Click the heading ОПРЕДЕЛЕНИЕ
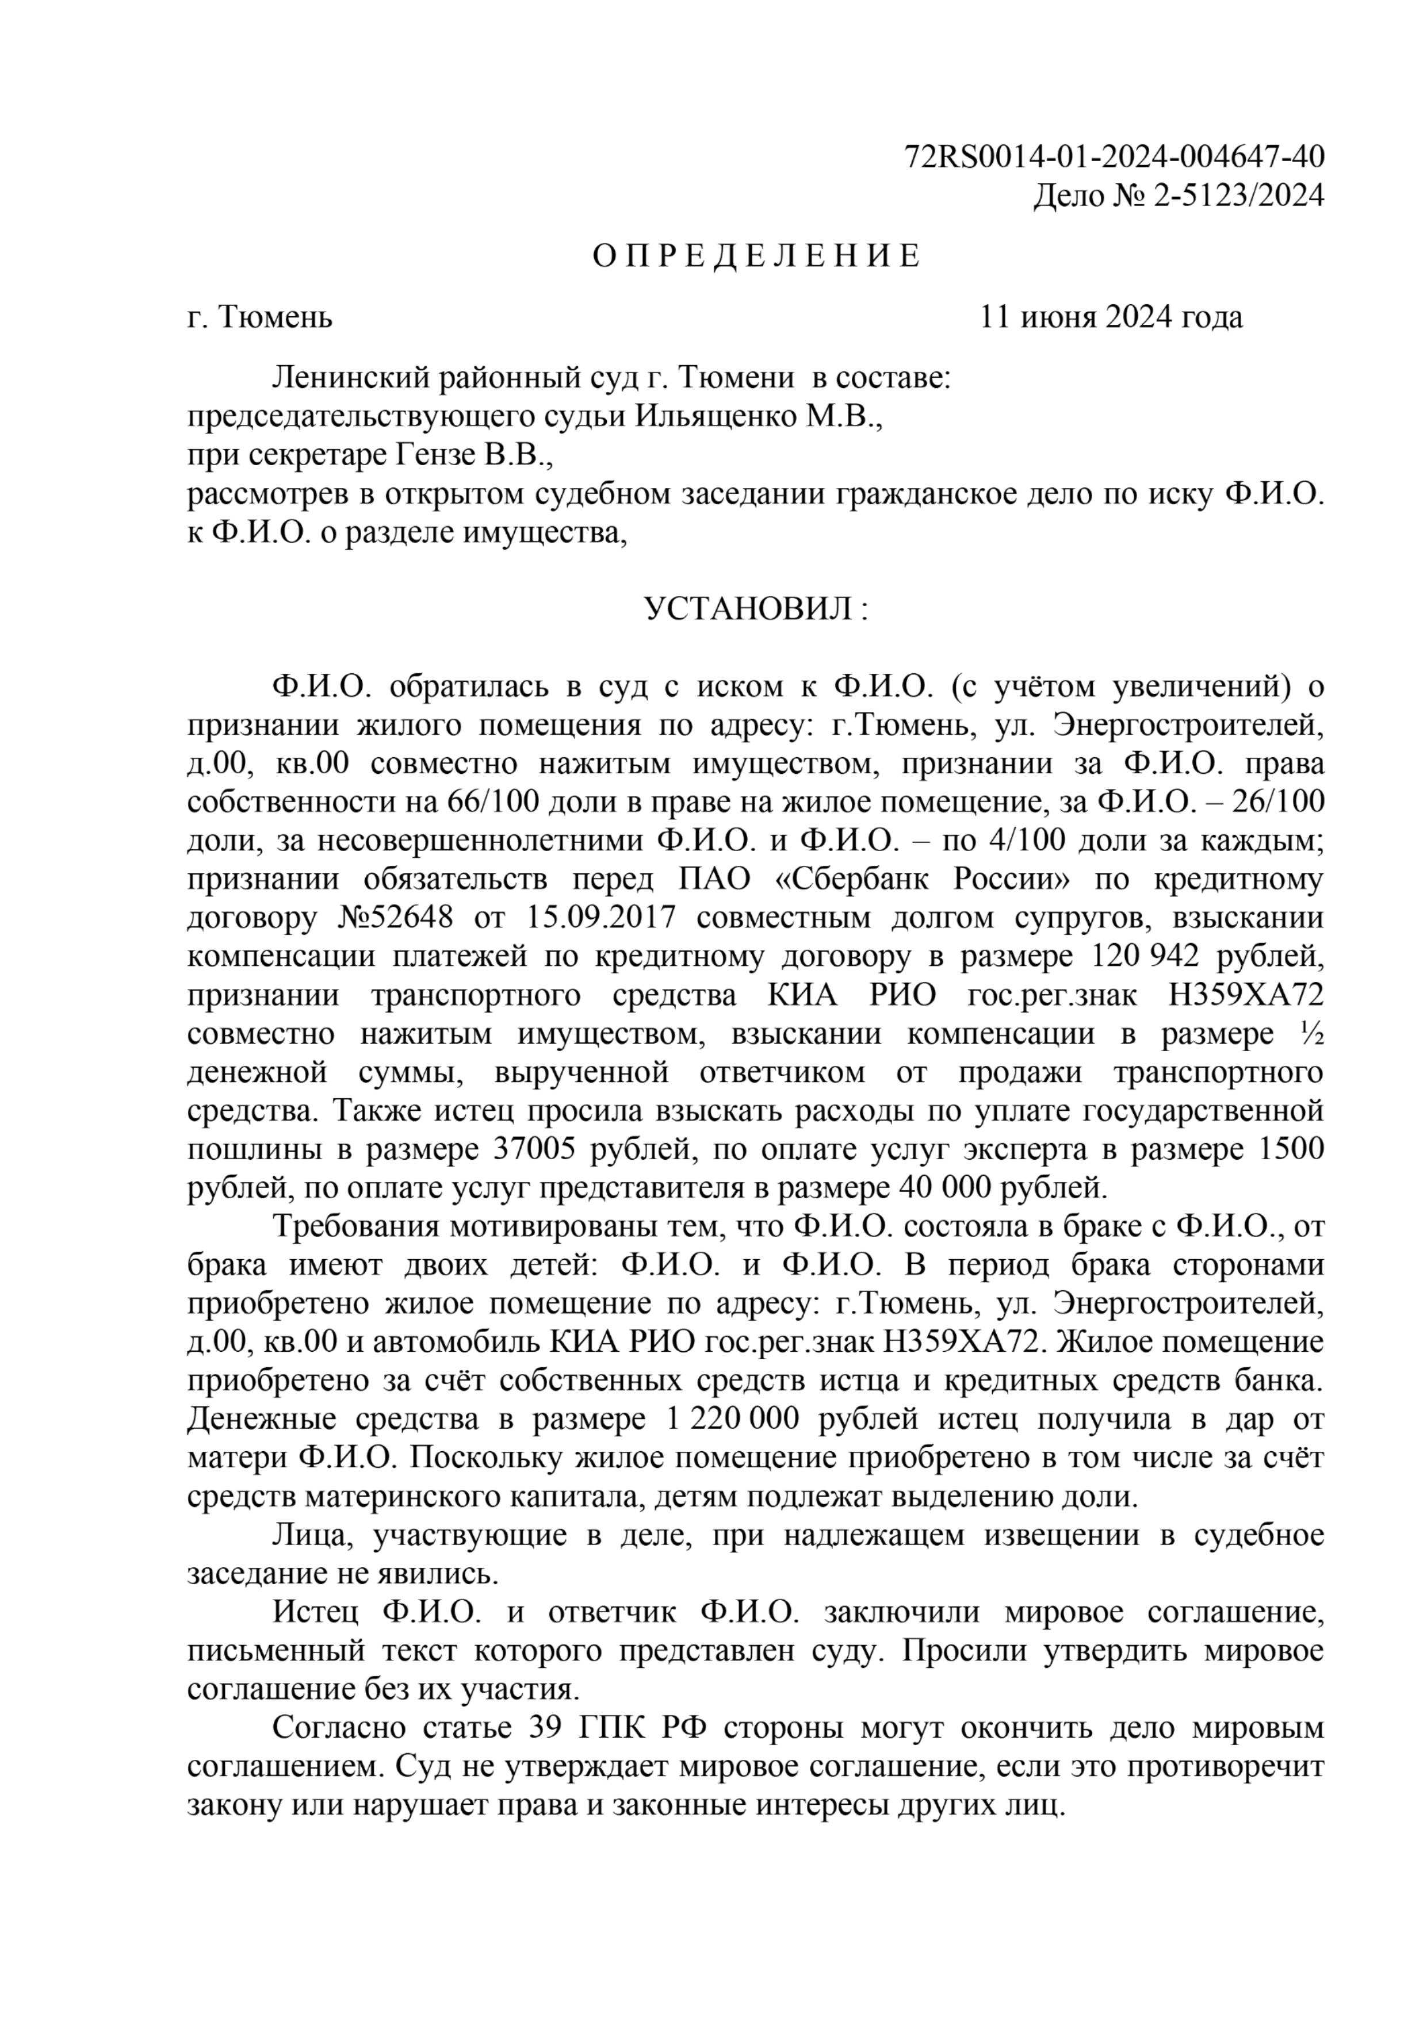(x=756, y=256)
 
